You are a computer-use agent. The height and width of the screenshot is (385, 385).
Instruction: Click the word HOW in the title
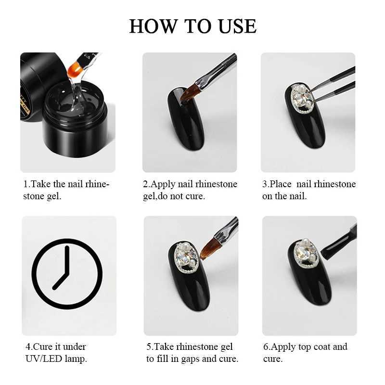(x=153, y=26)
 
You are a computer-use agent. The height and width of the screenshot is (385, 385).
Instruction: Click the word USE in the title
(x=237, y=26)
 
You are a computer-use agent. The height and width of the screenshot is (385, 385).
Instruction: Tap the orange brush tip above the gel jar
(x=75, y=70)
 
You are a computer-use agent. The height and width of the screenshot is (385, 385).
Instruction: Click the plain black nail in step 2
(x=186, y=118)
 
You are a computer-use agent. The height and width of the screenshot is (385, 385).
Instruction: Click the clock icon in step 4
(x=67, y=274)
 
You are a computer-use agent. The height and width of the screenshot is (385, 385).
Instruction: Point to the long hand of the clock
(x=67, y=261)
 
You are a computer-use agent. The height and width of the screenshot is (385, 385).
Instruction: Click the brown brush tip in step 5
(x=208, y=250)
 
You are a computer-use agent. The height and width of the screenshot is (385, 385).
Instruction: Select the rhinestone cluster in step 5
(x=185, y=257)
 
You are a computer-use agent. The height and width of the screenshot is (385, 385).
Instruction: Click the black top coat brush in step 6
(x=339, y=243)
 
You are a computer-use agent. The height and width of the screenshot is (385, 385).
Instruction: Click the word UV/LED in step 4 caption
(x=43, y=359)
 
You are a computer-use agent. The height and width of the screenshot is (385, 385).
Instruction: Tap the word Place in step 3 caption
(x=281, y=184)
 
